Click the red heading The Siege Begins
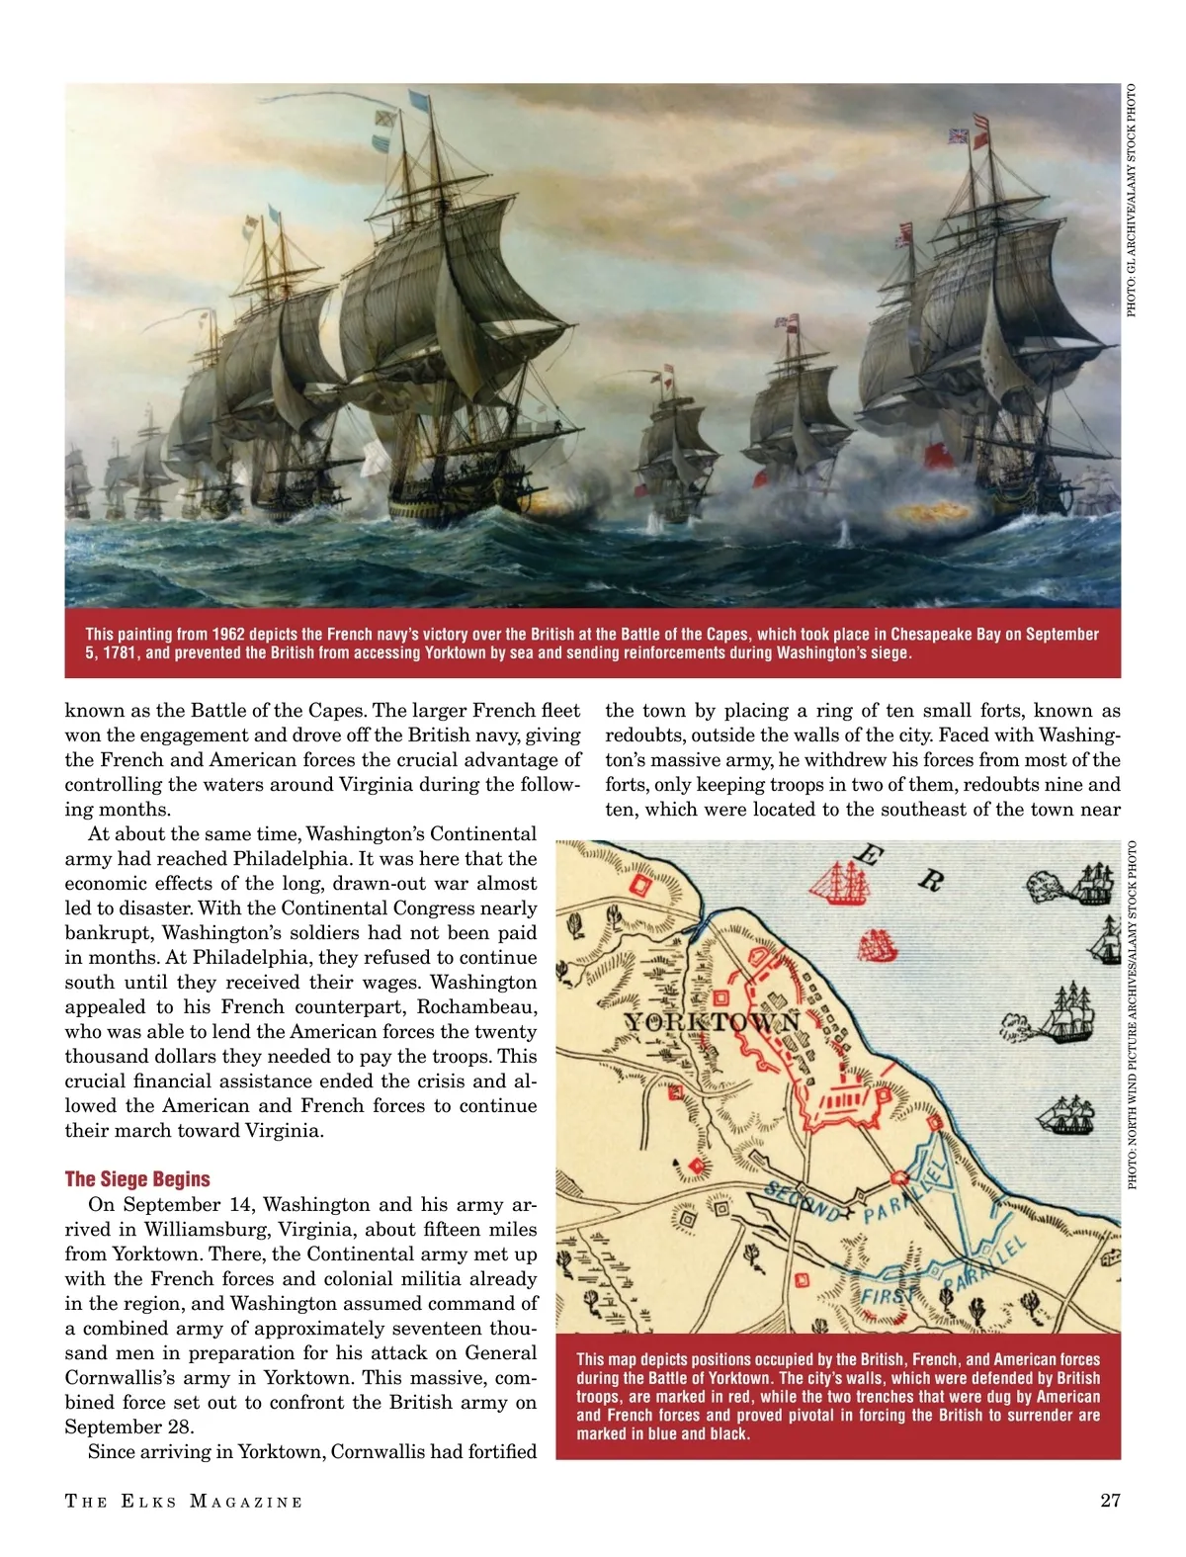coord(137,1179)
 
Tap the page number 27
coord(1110,1501)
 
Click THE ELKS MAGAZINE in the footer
coord(184,1502)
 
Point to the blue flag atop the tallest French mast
coord(418,101)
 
